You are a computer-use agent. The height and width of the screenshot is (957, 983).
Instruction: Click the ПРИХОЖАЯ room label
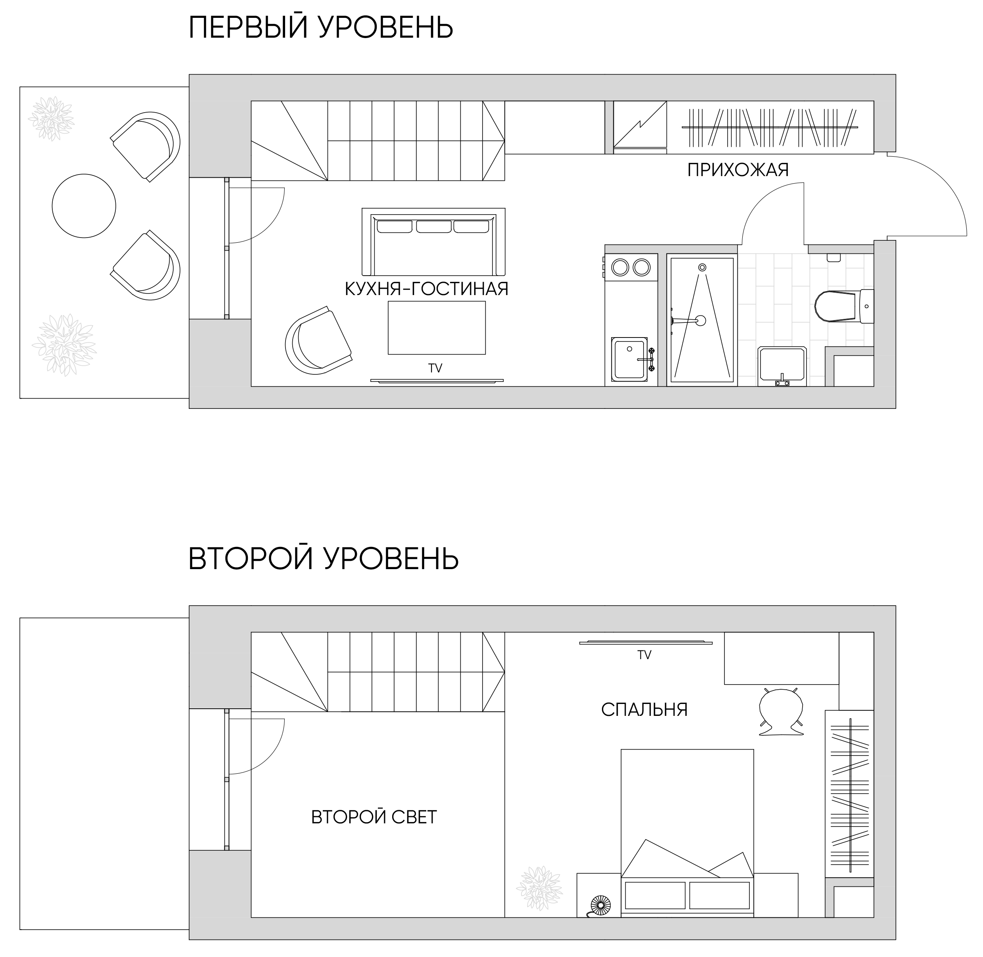click(738, 171)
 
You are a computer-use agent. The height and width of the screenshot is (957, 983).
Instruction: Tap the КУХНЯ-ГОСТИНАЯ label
click(427, 289)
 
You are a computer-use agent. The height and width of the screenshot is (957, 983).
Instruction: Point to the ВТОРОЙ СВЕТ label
click(374, 817)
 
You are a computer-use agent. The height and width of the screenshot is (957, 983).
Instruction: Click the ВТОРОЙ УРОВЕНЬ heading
click(324, 558)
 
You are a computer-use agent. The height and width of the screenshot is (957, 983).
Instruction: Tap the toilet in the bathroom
click(844, 306)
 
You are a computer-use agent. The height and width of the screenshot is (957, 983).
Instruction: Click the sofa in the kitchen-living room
click(433, 242)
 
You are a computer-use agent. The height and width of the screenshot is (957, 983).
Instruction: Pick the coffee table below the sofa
click(437, 328)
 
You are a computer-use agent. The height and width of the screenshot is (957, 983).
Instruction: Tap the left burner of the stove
click(620, 267)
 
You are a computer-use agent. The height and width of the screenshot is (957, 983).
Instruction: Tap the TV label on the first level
click(435, 368)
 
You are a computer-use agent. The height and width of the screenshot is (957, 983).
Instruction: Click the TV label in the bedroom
click(644, 655)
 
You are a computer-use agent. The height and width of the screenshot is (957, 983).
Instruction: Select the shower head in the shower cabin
click(703, 267)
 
